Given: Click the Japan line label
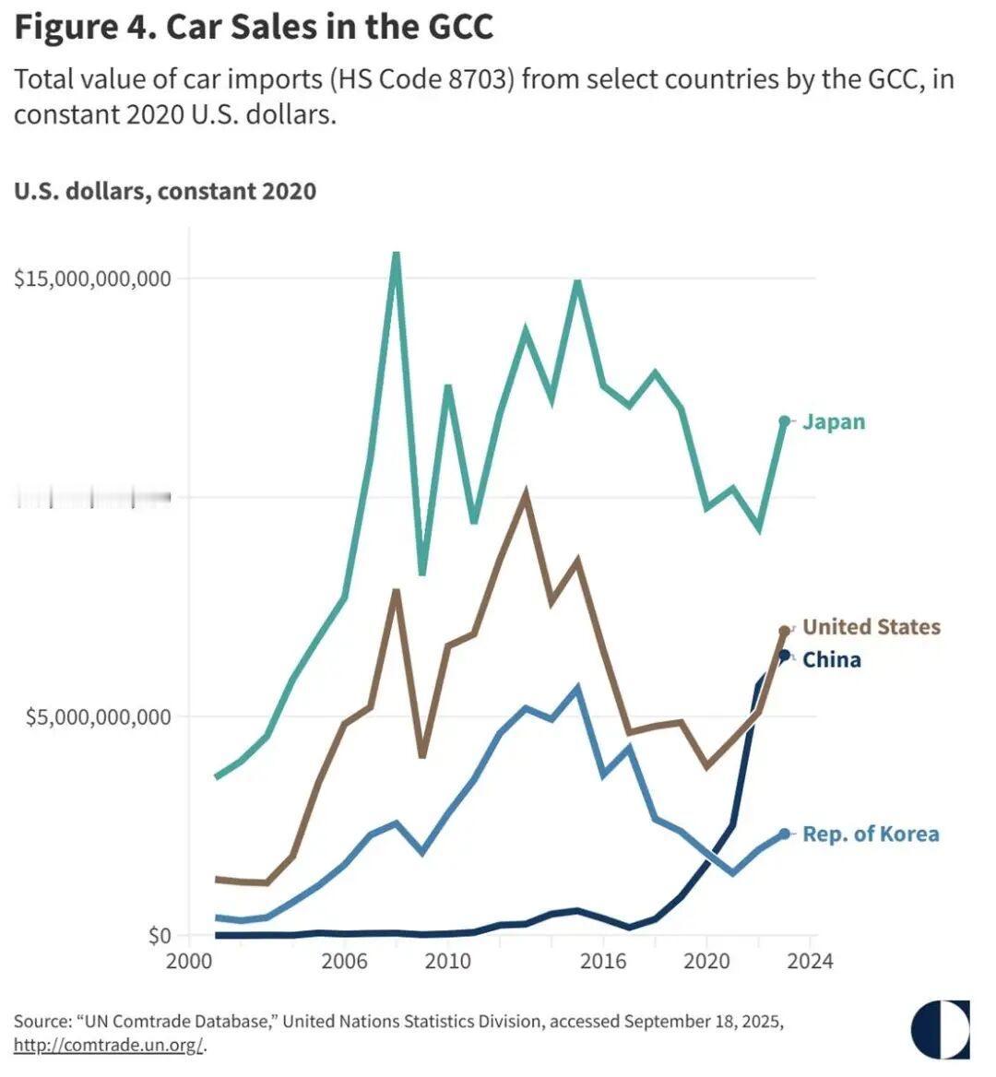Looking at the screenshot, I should pos(834,421).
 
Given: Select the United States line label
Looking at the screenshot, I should pos(871,627).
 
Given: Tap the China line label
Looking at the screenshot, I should pos(831,659).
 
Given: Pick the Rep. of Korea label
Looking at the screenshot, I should pos(871,834).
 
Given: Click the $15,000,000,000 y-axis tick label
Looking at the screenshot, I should pos(93,278).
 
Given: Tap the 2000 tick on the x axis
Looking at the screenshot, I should pos(189,961).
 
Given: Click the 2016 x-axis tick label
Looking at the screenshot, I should pos(603,961).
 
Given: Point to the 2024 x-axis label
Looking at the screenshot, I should pos(811,961).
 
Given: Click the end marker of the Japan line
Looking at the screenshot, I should pos(785,421).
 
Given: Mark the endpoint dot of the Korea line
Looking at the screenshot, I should pos(785,834).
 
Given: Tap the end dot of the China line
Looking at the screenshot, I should pos(785,656).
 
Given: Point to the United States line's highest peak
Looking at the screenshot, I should pos(525,495).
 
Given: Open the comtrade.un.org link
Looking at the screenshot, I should pos(108,1045).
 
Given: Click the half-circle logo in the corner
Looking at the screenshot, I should pos(940,1029).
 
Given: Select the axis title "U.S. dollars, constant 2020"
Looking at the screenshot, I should pos(165,191).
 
